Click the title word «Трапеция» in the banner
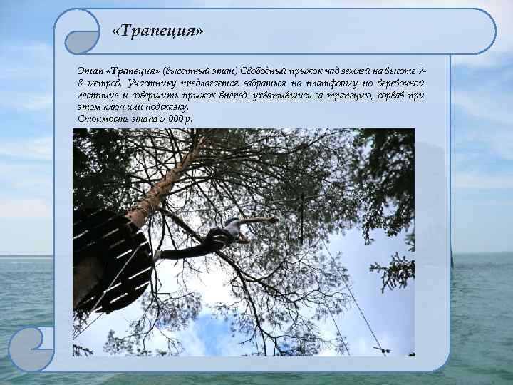158,32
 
